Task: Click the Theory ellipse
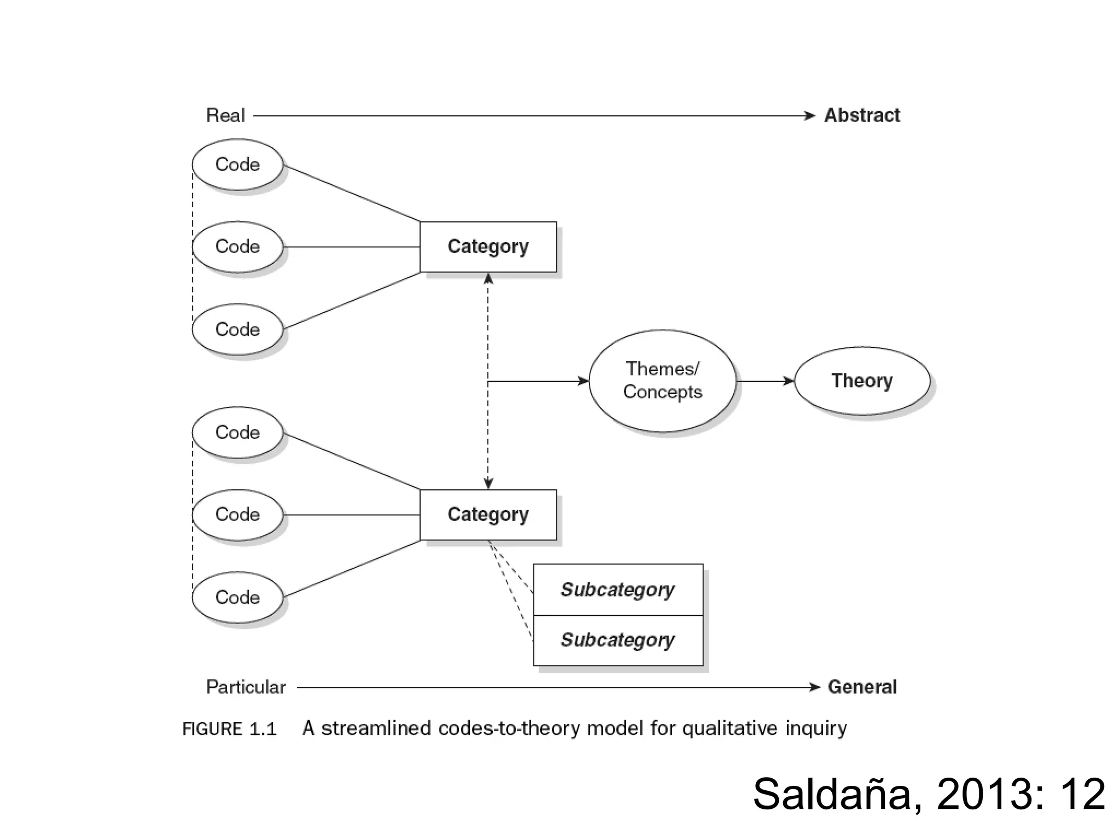click(861, 381)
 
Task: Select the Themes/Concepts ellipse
click(662, 381)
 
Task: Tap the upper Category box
click(488, 247)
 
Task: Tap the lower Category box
click(488, 515)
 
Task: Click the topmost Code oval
click(237, 165)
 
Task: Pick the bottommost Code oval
click(237, 597)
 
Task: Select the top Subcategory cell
click(618, 590)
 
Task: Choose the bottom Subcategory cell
click(618, 640)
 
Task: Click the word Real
click(225, 115)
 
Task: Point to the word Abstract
click(862, 115)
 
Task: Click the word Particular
click(246, 687)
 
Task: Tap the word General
click(862, 687)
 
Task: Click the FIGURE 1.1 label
click(230, 729)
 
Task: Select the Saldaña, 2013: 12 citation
click(929, 794)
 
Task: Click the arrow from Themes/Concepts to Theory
click(765, 381)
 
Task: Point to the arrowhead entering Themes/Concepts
click(584, 381)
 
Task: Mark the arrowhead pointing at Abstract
click(810, 115)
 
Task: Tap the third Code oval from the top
click(237, 329)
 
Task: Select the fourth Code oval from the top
click(237, 433)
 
